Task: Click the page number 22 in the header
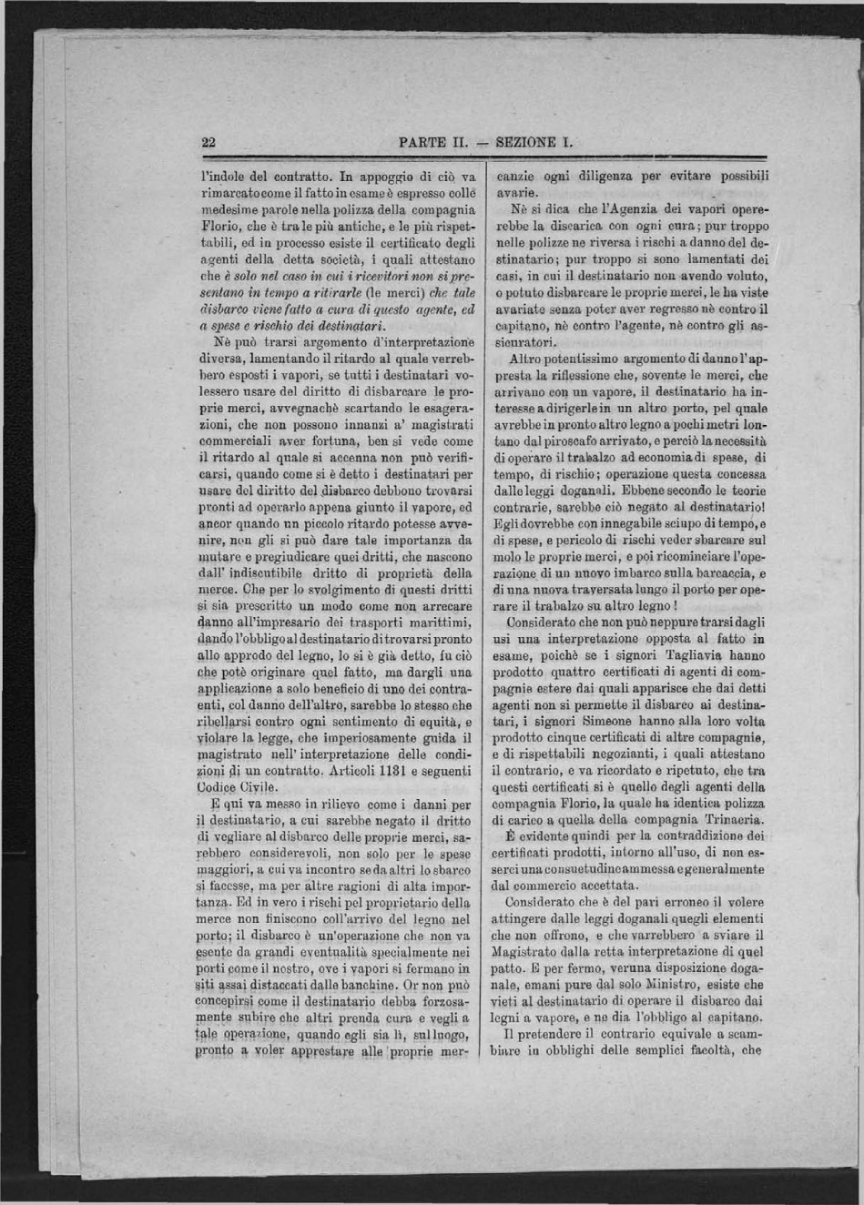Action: point(208,142)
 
